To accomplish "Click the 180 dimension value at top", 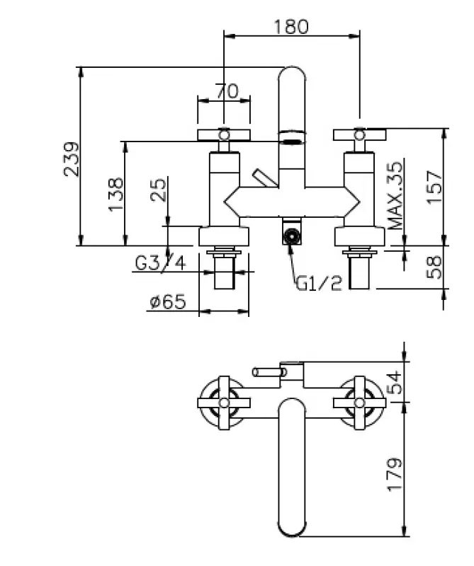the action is pos(291,27).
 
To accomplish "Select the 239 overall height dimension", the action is pos(72,159).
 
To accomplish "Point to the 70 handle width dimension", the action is pos(227,91).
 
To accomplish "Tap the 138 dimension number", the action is pos(115,194).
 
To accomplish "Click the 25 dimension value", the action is pos(159,190).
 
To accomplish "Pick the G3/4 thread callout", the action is pos(160,262).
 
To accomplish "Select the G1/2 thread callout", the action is pos(319,284).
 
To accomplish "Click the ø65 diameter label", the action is pos(168,302).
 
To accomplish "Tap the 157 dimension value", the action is pos(434,187).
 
